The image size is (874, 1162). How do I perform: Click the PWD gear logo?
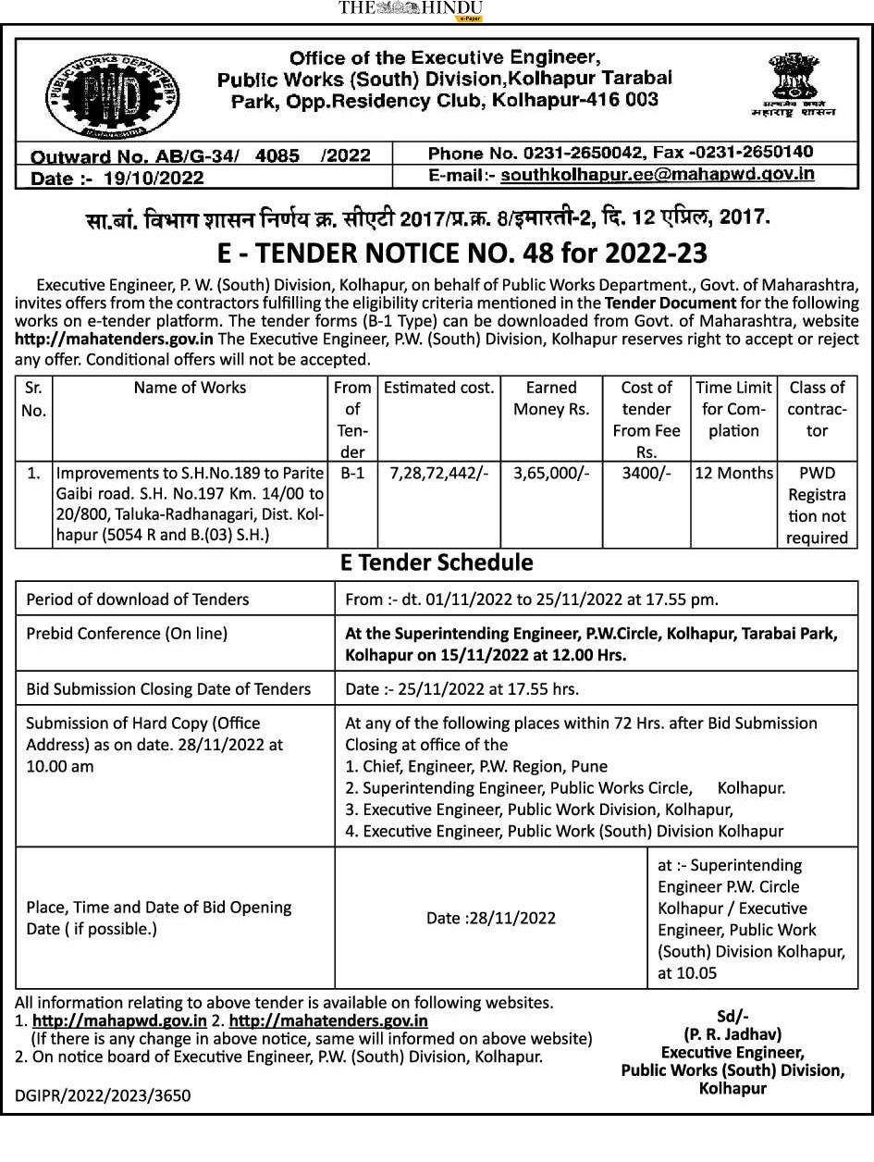click(113, 93)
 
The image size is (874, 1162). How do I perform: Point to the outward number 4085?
click(278, 155)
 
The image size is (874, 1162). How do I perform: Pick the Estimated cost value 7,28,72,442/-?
click(439, 473)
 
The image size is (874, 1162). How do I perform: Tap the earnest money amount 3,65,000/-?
click(550, 473)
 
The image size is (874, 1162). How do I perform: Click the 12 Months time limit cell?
click(733, 473)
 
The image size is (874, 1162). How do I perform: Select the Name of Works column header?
click(190, 388)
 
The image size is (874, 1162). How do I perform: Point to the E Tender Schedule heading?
click(437, 562)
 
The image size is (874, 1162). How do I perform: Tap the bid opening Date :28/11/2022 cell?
click(491, 918)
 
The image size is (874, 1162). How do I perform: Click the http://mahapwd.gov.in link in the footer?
click(119, 1020)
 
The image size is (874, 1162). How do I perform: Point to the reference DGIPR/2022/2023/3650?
click(103, 1096)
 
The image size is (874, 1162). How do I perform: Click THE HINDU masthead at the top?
click(411, 9)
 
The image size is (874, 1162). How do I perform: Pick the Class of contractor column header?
click(817, 409)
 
